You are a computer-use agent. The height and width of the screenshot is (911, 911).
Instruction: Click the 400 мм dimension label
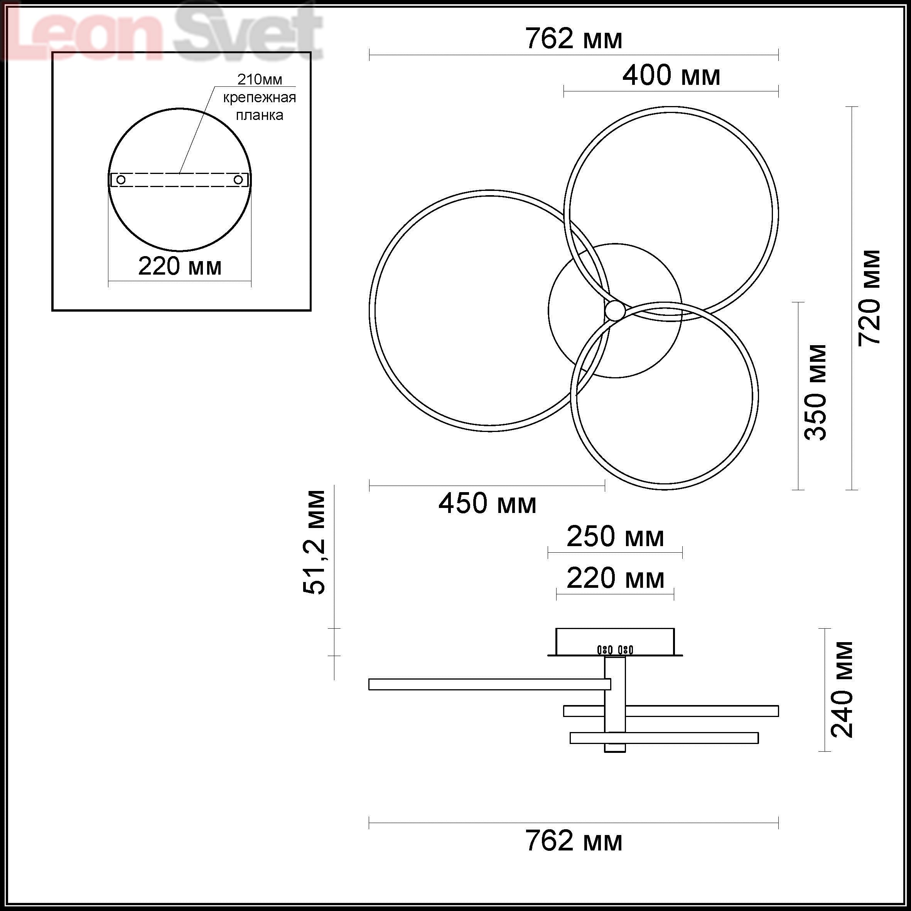[x=671, y=76]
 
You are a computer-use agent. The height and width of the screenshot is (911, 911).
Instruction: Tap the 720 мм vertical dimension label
[x=869, y=298]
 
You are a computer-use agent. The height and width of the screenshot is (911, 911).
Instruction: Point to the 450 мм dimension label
[x=487, y=504]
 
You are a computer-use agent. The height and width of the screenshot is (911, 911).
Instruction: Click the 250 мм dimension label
[x=615, y=536]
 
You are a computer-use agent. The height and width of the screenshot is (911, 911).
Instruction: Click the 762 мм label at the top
[x=574, y=39]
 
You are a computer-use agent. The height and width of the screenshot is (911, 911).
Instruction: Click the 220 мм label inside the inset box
[x=180, y=267]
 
